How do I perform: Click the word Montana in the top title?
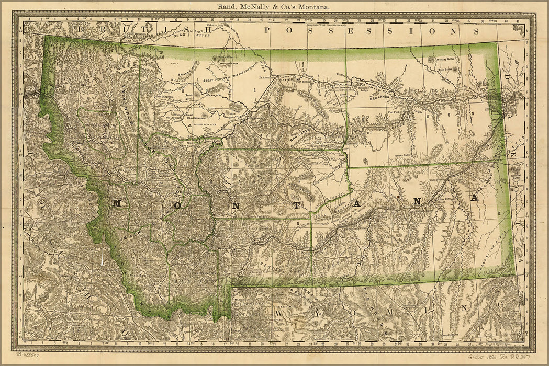[313, 7]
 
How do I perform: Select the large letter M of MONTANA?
[118, 203]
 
